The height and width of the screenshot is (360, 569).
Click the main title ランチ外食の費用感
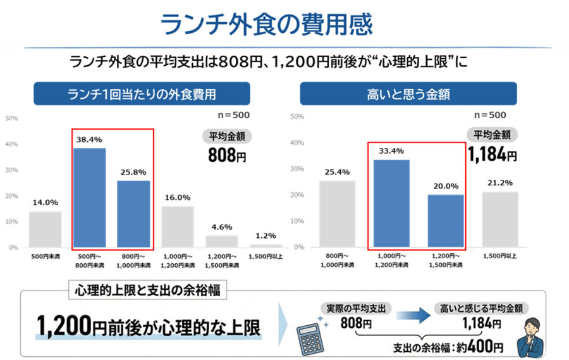click(x=266, y=24)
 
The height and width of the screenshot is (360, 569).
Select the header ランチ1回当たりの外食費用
click(x=142, y=95)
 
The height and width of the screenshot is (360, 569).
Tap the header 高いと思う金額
click(x=408, y=95)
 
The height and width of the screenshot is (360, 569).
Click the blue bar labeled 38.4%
click(x=90, y=197)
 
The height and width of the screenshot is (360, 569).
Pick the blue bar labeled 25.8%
click(x=133, y=213)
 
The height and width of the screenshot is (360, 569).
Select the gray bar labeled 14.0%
click(x=45, y=228)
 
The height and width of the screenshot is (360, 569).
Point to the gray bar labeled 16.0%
click(x=178, y=226)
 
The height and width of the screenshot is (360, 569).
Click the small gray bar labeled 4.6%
click(x=222, y=241)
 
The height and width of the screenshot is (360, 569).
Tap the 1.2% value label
click(x=266, y=237)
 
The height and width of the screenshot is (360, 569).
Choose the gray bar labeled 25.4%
click(x=337, y=213)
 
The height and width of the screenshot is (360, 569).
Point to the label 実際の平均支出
click(x=356, y=309)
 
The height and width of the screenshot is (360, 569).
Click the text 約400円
click(x=481, y=347)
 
